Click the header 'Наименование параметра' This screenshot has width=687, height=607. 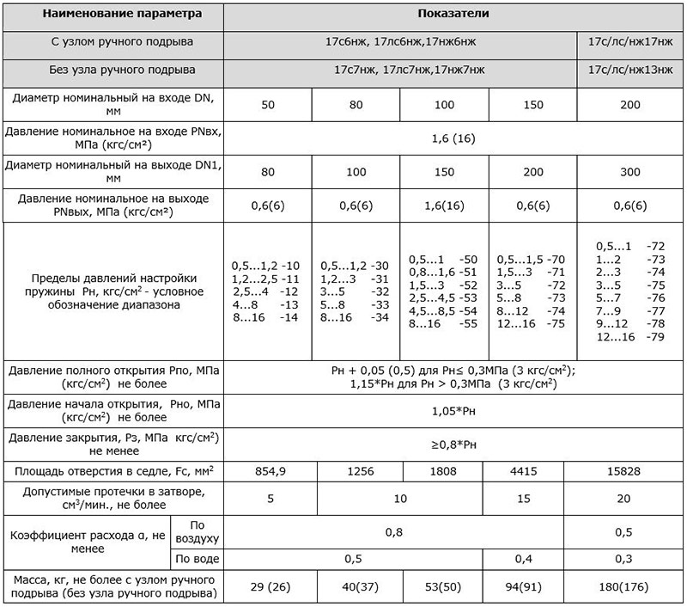[x=112, y=15]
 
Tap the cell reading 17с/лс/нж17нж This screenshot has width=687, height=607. [x=632, y=41]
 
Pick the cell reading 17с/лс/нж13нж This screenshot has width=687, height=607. [x=632, y=70]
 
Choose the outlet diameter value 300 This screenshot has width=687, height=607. [x=632, y=171]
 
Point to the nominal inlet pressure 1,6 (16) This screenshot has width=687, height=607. [x=454, y=138]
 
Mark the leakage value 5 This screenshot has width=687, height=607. [x=268, y=498]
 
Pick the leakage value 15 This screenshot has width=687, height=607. [x=533, y=498]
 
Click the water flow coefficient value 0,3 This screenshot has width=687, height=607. [x=632, y=559]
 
